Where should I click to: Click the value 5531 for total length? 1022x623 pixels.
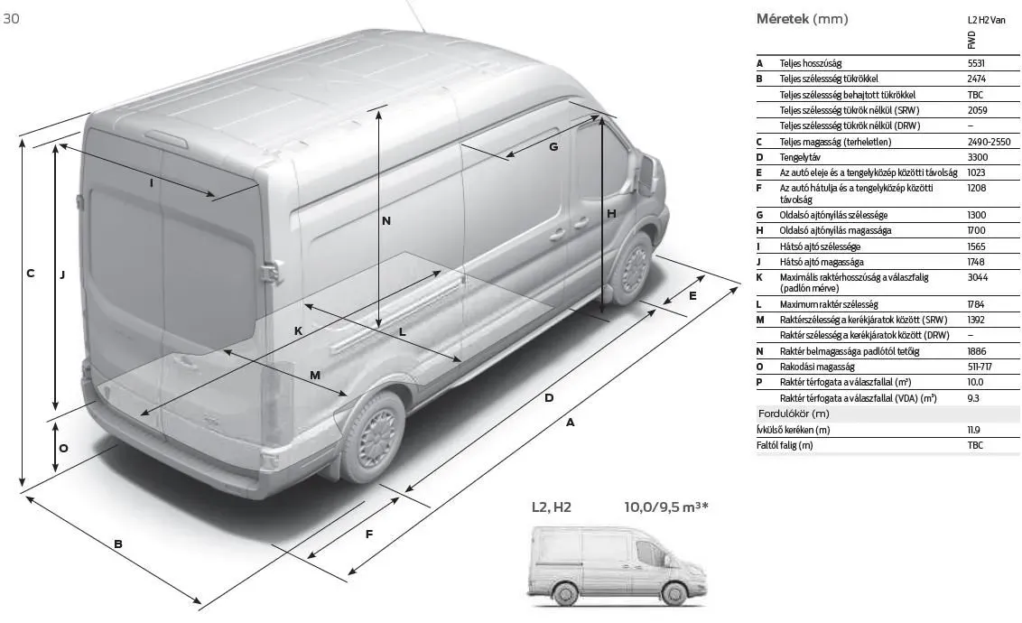pos(976,63)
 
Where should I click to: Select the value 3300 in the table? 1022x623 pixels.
pos(977,157)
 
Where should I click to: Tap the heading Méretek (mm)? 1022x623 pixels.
pos(802,19)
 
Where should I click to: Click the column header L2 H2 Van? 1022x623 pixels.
pos(986,20)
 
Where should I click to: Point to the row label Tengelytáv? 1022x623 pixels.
pos(800,158)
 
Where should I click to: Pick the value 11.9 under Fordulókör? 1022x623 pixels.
pos(974,430)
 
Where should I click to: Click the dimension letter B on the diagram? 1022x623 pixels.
pos(118,544)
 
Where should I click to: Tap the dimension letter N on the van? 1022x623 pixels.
pos(386,221)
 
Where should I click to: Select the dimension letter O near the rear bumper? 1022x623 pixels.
pos(63,449)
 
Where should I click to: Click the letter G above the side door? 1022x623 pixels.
pos(553,146)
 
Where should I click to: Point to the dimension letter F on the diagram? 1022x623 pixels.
pos(369,535)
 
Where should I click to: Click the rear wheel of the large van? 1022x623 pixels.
pos(373,437)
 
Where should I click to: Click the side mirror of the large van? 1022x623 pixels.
pos(646,172)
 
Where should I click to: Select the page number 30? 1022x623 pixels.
pos(11,18)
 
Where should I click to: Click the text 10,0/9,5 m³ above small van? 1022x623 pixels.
pos(666,507)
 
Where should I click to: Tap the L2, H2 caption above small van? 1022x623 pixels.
pos(552,507)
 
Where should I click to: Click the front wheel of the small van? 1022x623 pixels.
pos(674,593)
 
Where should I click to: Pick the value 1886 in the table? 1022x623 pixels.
pos(976,351)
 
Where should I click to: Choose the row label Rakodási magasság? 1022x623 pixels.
pos(817,367)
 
